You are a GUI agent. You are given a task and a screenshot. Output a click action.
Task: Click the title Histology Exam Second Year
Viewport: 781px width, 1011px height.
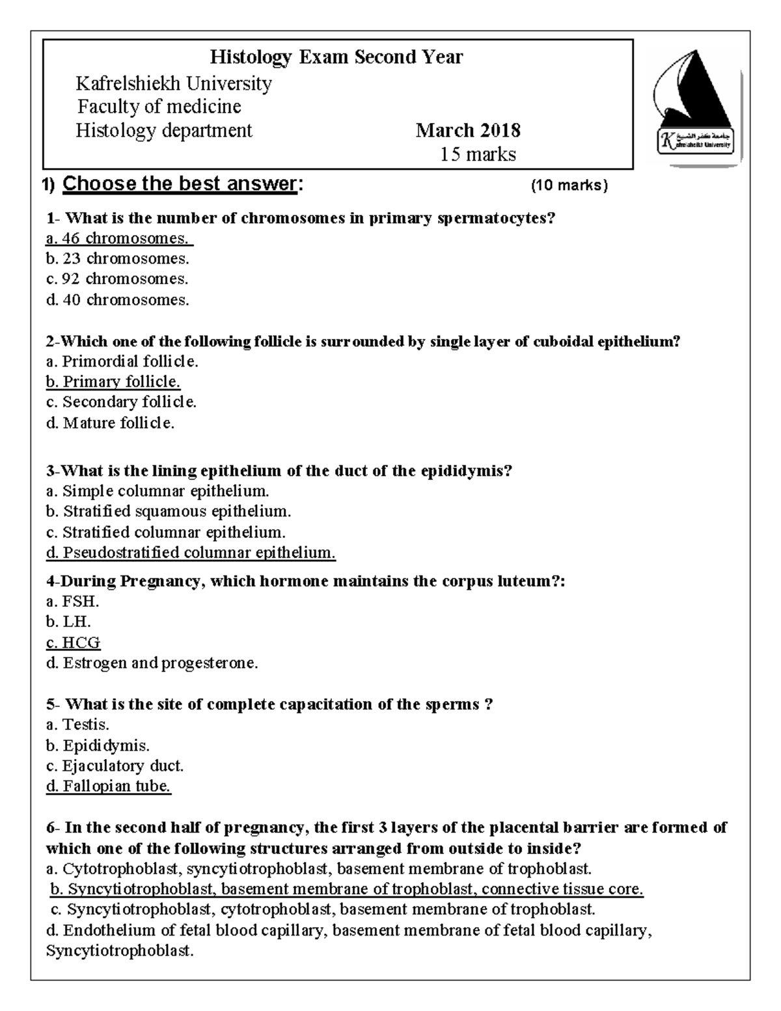pyautogui.click(x=336, y=57)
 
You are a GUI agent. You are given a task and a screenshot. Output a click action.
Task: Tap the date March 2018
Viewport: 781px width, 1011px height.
pyautogui.click(x=468, y=131)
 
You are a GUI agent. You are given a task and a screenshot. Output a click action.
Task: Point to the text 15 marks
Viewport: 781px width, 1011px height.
pyautogui.click(x=478, y=154)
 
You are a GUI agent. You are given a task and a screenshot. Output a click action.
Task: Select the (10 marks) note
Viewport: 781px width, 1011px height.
pyautogui.click(x=569, y=186)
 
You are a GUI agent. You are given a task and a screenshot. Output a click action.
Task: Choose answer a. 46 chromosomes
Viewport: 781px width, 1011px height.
pyautogui.click(x=118, y=238)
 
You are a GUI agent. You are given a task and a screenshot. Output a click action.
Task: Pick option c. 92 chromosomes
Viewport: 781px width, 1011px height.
pyautogui.click(x=117, y=279)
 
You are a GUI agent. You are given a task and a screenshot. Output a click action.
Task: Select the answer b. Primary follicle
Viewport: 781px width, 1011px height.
pyautogui.click(x=113, y=381)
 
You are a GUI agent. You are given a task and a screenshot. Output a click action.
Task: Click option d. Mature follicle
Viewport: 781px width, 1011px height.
pyautogui.click(x=110, y=423)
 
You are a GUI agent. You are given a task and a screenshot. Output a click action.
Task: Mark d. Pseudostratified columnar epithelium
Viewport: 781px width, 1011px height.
pyautogui.click(x=191, y=553)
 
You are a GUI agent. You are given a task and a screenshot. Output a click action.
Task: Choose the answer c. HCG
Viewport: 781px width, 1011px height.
pyautogui.click(x=73, y=643)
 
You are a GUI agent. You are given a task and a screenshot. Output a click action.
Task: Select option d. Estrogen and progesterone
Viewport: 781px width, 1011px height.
pyautogui.click(x=152, y=663)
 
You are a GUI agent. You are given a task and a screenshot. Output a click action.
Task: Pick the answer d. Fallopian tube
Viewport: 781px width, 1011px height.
pyautogui.click(x=108, y=786)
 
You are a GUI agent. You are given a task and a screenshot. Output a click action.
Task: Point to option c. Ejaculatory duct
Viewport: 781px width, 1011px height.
pyautogui.click(x=115, y=766)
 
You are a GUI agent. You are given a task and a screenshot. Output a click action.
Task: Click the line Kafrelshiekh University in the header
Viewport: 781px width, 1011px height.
pyautogui.click(x=174, y=84)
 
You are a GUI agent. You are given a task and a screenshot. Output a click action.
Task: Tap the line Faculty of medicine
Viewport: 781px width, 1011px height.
pyautogui.click(x=159, y=107)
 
